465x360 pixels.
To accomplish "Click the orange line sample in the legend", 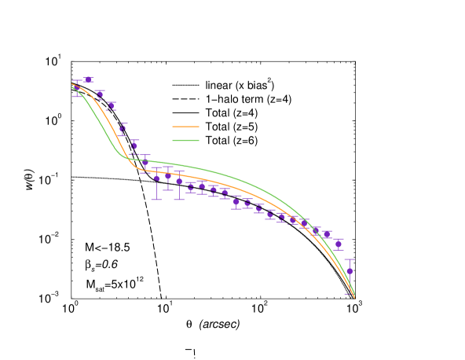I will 185,127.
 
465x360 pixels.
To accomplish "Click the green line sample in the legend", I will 185,141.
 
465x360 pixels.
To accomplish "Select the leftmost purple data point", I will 77,88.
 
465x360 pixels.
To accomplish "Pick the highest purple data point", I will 88,79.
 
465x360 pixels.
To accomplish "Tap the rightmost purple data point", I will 350,271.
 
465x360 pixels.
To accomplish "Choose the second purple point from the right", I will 339,244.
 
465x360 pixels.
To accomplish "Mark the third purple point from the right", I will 327,234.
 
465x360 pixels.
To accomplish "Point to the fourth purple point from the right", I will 316,230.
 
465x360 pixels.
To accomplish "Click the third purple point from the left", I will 100,94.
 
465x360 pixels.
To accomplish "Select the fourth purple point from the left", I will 111,105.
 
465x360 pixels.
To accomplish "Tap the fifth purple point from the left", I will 122,129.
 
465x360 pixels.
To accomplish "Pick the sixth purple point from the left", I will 134,145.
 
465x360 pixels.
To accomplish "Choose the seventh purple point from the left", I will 145,163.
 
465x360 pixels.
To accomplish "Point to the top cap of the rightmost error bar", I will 350,259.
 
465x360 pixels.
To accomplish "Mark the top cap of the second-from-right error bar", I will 339,239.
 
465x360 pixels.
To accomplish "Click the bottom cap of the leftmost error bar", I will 77,96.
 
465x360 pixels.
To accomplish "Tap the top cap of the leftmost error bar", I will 77,81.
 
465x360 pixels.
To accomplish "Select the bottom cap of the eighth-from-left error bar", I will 156,200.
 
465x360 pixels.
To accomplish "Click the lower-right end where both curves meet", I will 354,296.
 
